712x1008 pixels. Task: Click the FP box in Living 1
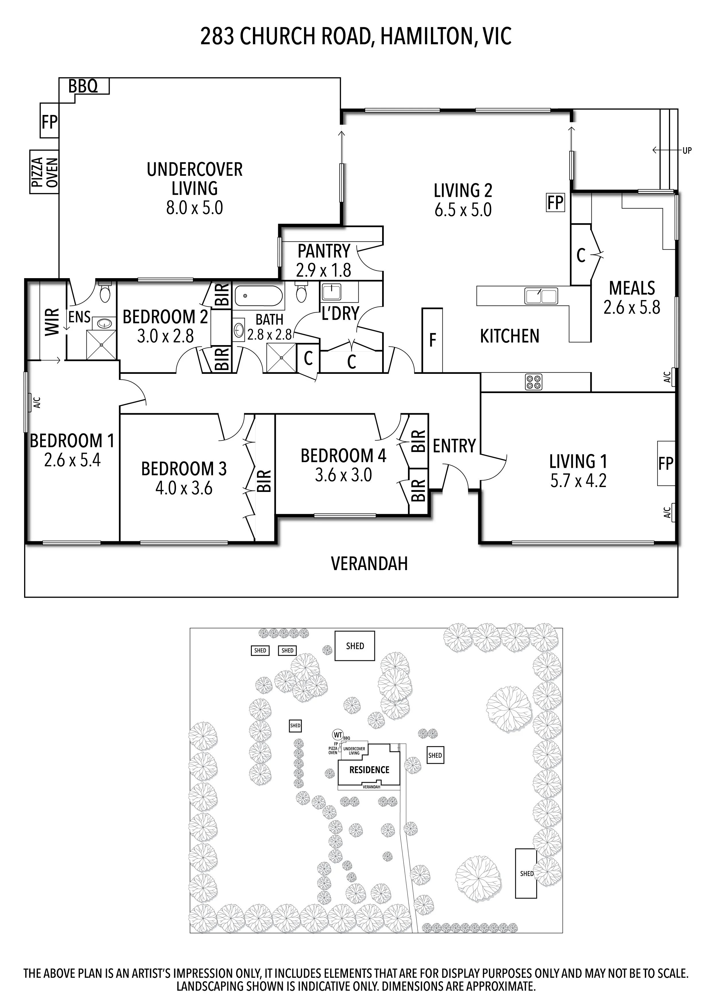click(665, 463)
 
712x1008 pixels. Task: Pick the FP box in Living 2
click(555, 203)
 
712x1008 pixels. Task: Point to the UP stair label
click(687, 151)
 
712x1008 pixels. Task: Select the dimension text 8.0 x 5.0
click(194, 208)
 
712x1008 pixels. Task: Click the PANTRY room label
click(324, 251)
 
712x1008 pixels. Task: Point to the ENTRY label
click(454, 446)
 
